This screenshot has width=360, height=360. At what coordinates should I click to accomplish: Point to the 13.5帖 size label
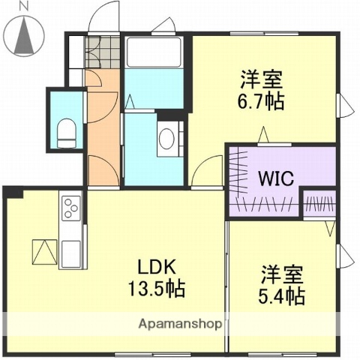pyautogui.click(x=156, y=287)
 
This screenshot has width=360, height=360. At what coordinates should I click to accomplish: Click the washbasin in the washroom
pyautogui.click(x=167, y=137)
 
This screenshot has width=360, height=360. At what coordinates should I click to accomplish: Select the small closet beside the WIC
pyautogui.click(x=319, y=203)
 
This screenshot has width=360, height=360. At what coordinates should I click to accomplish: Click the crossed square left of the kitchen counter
pyautogui.click(x=44, y=250)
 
